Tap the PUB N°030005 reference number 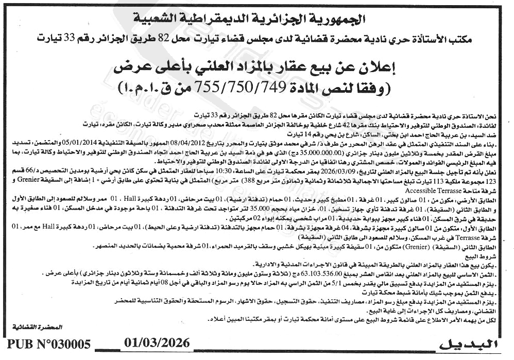[49, 345]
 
